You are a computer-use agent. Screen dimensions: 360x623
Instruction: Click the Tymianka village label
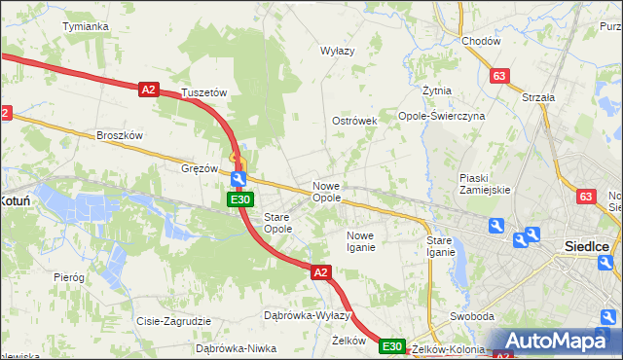[85, 26]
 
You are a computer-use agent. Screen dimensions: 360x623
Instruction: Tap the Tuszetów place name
[204, 93]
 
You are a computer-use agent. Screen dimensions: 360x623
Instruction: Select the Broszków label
[120, 136]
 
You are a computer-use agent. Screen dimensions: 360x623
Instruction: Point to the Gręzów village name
[200, 168]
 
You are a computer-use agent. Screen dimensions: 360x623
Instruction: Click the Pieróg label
[69, 277]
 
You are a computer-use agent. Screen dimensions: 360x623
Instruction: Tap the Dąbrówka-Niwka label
[231, 347]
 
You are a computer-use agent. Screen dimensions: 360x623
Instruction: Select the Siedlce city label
[588, 247]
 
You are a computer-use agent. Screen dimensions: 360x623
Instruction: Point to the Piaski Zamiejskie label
[485, 183]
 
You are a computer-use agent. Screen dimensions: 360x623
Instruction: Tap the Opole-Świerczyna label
[442, 116]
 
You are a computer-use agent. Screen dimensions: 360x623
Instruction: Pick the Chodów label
[481, 42]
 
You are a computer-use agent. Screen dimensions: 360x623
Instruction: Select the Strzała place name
[538, 97]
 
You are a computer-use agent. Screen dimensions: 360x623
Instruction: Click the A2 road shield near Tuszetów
[148, 90]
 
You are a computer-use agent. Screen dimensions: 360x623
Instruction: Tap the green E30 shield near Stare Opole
[240, 199]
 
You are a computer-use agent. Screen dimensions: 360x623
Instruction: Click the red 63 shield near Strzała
[500, 76]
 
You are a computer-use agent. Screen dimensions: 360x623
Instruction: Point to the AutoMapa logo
[561, 342]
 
